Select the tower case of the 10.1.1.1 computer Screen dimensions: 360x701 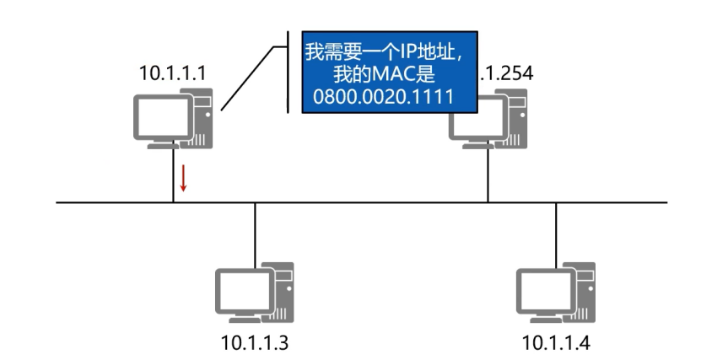[202, 118]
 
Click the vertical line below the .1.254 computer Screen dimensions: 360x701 [488, 177]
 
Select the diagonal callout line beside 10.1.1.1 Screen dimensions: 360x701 [250, 76]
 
